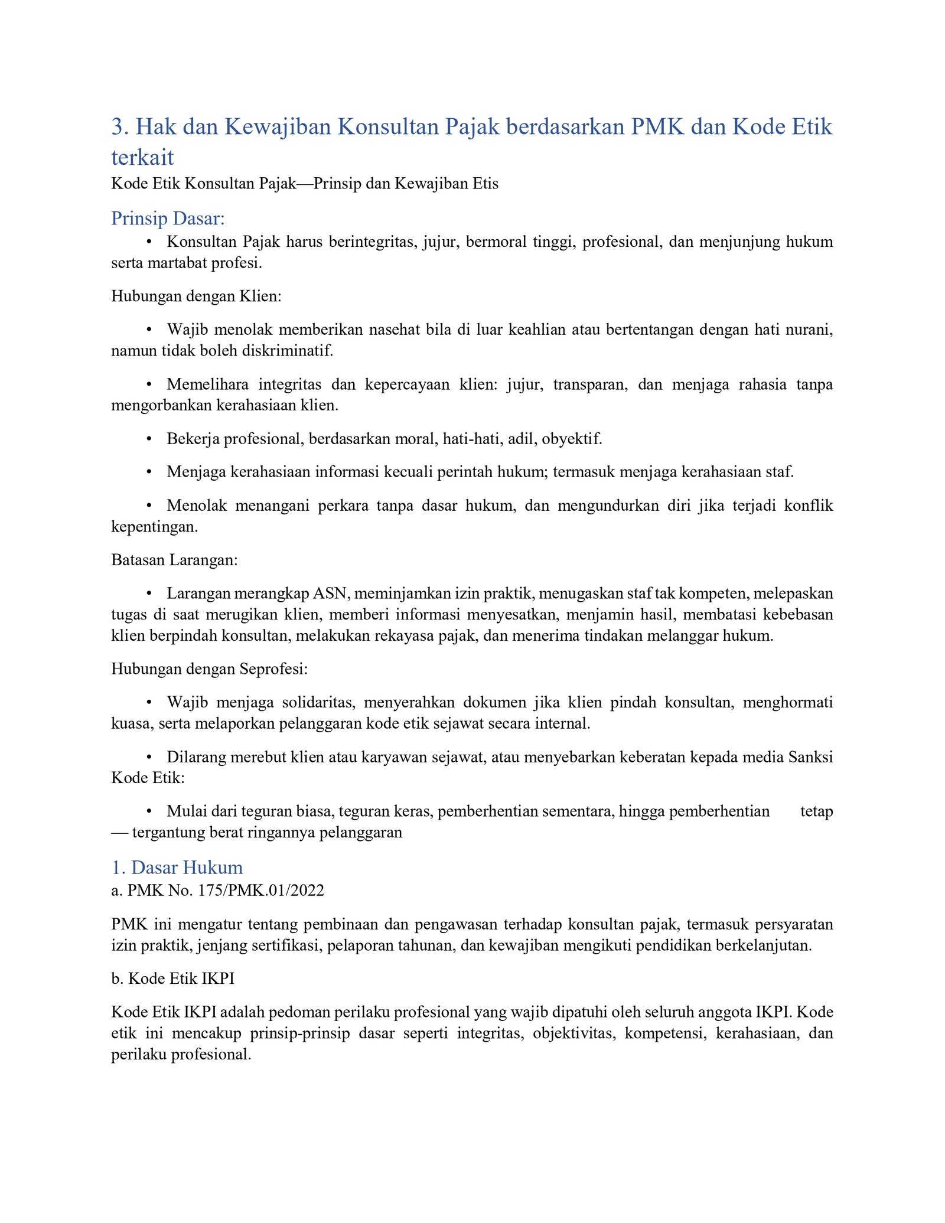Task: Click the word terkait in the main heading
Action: tap(142, 157)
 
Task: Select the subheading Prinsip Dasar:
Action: tap(168, 218)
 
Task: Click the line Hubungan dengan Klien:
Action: tap(196, 296)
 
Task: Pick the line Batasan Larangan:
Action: tap(174, 560)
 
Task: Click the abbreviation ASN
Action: tap(331, 593)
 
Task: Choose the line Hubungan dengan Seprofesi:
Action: tap(210, 669)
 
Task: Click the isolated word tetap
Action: tap(816, 811)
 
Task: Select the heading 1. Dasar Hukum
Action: tap(177, 867)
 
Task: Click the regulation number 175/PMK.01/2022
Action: tap(261, 891)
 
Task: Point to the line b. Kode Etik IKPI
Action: tap(172, 979)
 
